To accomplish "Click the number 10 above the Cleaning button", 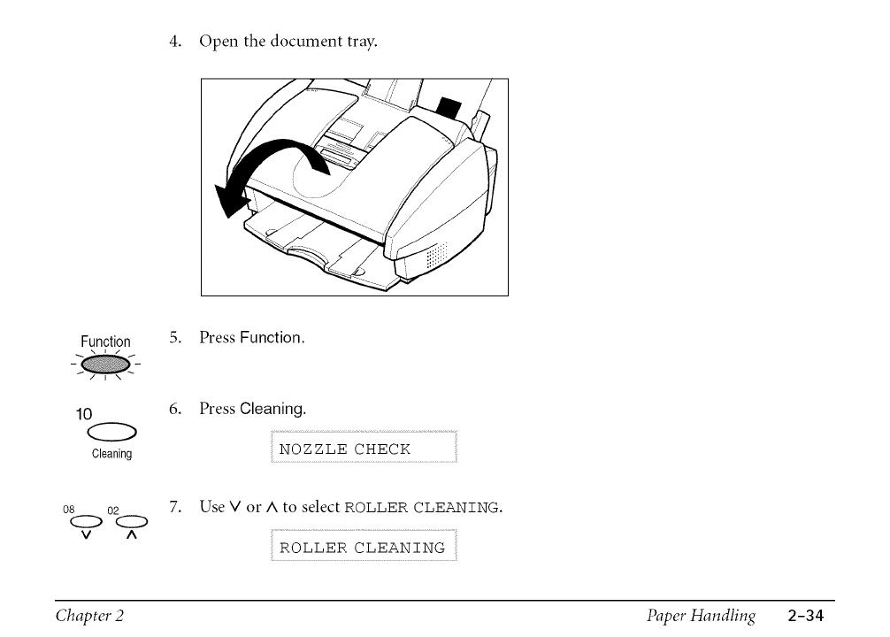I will coord(84,413).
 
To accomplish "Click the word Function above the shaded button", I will coord(105,342).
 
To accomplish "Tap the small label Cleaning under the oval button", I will coord(112,454).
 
